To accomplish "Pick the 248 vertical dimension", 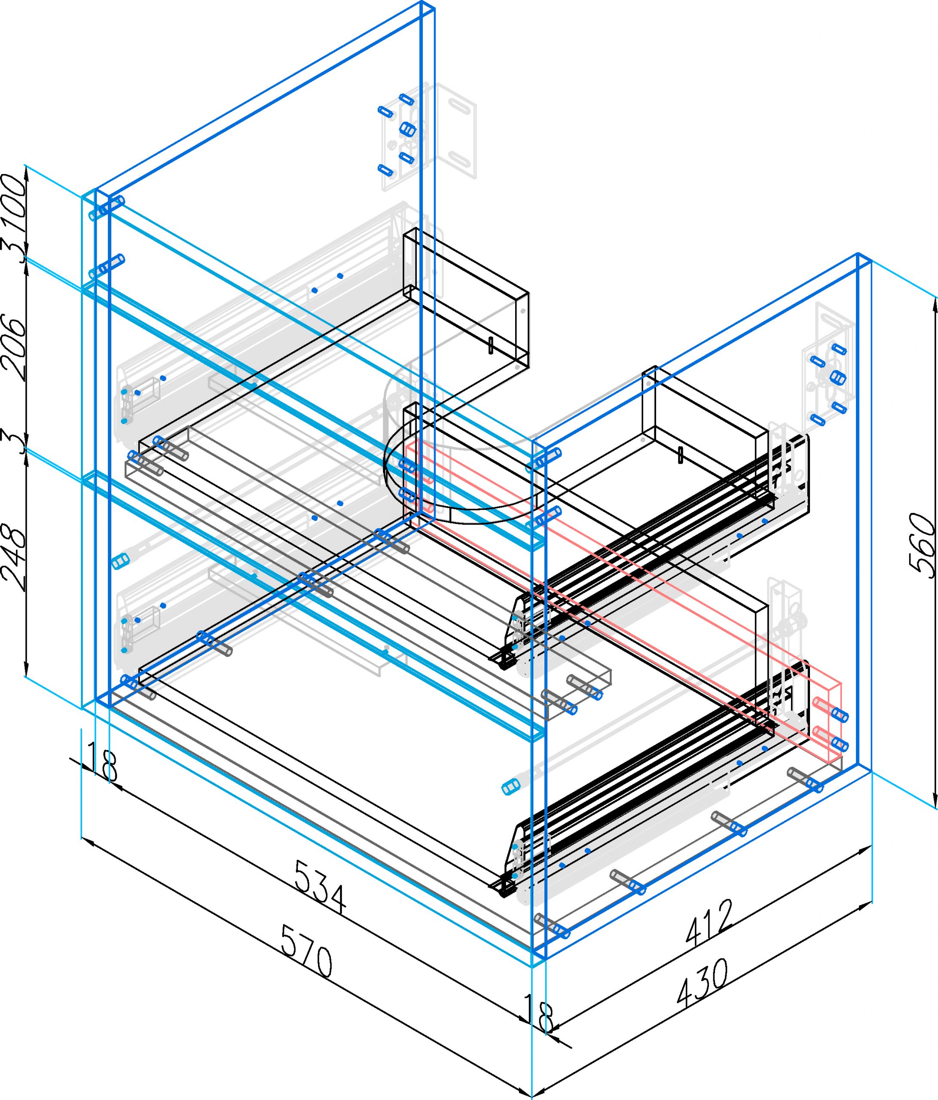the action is click(x=14, y=557).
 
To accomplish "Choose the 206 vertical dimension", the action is click(x=14, y=347).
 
